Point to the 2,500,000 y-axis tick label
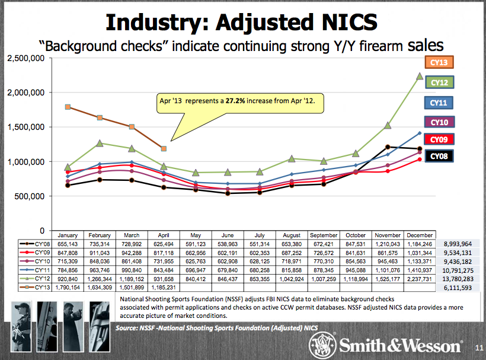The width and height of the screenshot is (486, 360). (x=26, y=58)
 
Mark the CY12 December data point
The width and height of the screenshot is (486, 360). (x=419, y=76)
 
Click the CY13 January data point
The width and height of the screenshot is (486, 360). (x=68, y=107)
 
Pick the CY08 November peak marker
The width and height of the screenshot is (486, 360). (x=387, y=146)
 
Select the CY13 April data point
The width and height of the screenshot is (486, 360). (x=164, y=148)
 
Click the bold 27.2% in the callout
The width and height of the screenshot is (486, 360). (x=234, y=101)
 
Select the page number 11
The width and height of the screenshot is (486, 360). (x=478, y=348)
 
